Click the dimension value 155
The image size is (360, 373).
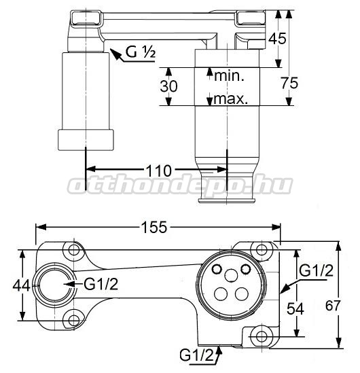click(154, 227)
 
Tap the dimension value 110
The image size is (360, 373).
click(158, 171)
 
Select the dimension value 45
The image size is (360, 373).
click(277, 38)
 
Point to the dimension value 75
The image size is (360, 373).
click(289, 84)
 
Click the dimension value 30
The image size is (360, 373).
click(168, 86)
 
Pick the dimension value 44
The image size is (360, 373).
click(22, 285)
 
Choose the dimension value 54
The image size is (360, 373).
click(295, 309)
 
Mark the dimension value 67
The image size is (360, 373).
click(333, 306)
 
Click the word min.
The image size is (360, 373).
click(229, 75)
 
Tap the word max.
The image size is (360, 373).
click(231, 99)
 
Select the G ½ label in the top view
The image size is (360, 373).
click(141, 52)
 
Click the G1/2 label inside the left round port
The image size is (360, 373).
click(101, 284)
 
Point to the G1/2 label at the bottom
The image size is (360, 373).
click(197, 355)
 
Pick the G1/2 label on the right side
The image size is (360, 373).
click(317, 270)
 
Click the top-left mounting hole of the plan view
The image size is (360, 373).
click(74, 250)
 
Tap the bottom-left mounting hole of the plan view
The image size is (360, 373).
click(74, 321)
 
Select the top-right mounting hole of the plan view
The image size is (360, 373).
click(262, 250)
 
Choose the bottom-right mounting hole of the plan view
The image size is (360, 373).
click(262, 336)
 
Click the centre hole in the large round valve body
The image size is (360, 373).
click(231, 275)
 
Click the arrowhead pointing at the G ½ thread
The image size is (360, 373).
click(115, 54)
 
